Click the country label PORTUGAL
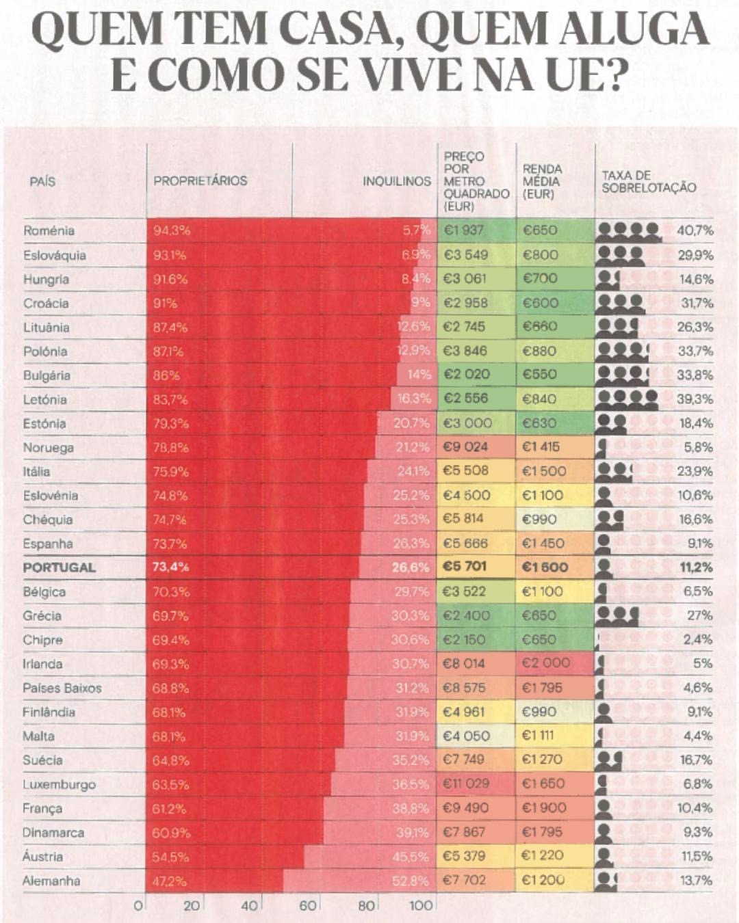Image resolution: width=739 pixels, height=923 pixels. click(x=60, y=567)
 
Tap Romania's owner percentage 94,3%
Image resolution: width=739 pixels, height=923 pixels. click(x=172, y=231)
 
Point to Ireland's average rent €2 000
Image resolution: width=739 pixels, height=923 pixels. click(x=545, y=663)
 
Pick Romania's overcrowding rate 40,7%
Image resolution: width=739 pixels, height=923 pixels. click(x=695, y=230)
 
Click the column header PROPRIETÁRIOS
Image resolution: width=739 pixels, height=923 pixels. click(x=200, y=181)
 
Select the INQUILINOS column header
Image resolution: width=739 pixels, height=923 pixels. click(x=397, y=182)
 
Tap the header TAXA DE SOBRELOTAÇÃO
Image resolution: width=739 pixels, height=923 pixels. click(x=649, y=182)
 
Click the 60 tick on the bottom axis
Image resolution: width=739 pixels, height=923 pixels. click(x=308, y=906)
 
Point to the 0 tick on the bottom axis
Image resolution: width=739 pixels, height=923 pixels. click(x=138, y=906)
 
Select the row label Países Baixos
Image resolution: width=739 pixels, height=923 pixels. click(x=62, y=688)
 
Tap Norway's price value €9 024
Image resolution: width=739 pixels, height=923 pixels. click(x=465, y=447)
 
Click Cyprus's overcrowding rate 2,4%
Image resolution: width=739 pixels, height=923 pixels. click(x=697, y=639)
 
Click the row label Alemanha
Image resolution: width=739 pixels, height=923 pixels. click(x=51, y=881)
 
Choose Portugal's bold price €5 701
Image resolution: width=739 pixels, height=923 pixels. click(x=465, y=567)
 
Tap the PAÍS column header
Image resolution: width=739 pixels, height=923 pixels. click(x=42, y=182)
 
